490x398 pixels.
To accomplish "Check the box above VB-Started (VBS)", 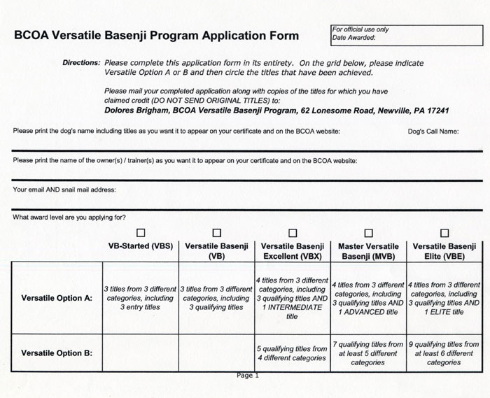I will [141, 232].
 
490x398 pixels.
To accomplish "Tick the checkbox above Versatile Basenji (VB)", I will [216, 232].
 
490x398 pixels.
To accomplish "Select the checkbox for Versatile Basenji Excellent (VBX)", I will [293, 232].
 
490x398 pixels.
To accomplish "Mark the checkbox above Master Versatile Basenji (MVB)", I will [369, 232].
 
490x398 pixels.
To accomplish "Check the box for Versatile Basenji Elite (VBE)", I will [444, 232].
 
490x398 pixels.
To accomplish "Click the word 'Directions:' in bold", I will [81, 63].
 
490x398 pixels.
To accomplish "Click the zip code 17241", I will [435, 111].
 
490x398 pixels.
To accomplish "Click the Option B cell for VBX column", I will [292, 353].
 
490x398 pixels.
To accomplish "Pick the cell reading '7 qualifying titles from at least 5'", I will [368, 353].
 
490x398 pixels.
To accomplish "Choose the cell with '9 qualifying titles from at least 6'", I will [444, 353].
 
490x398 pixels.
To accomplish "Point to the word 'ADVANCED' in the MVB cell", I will [370, 311].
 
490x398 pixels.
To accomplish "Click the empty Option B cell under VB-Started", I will [141, 353].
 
